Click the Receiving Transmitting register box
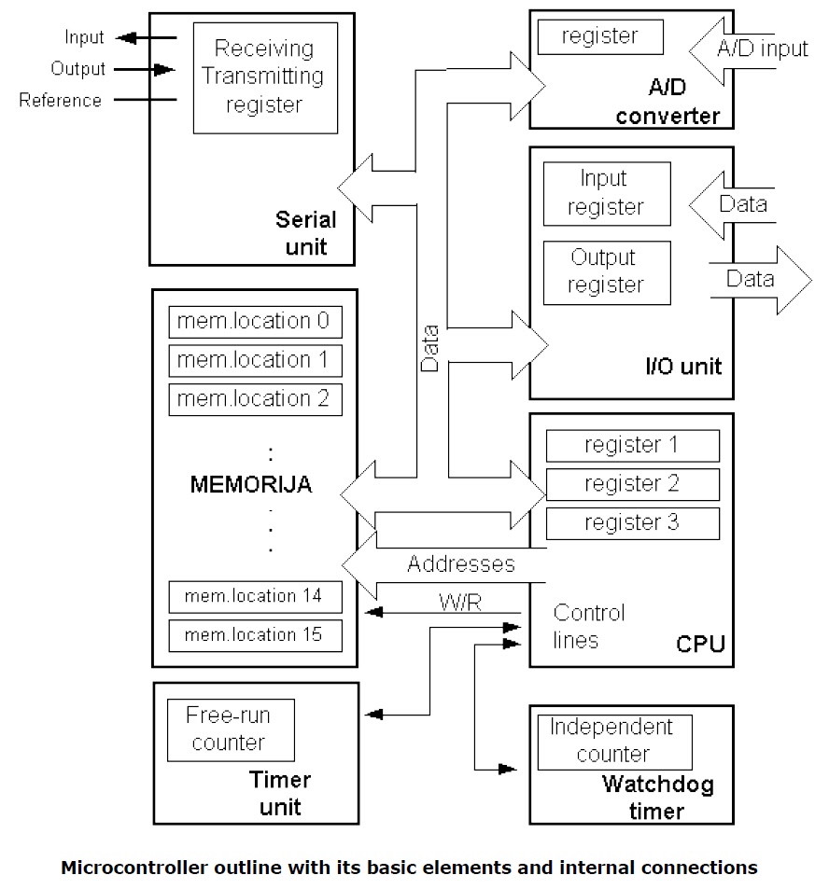point(264,76)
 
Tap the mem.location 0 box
point(255,322)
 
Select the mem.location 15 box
point(255,634)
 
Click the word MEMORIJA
point(251,485)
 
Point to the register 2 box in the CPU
point(632,484)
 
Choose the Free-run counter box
point(230,729)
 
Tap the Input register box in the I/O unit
point(606,193)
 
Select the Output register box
point(606,271)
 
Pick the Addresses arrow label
point(460,564)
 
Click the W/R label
point(459,603)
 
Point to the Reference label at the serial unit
point(61,101)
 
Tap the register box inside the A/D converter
point(600,37)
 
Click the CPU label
point(699,645)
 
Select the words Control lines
point(588,626)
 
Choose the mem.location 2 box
point(255,399)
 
